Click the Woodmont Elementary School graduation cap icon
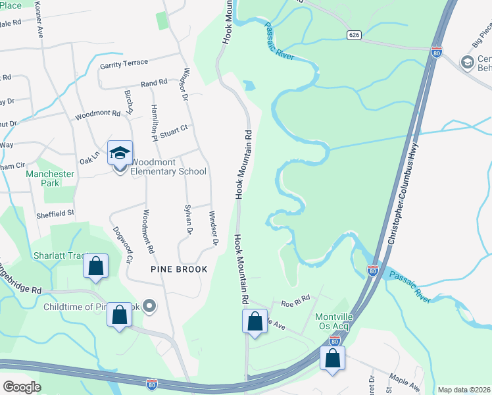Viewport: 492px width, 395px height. [120, 153]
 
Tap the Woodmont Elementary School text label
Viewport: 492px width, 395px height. [168, 167]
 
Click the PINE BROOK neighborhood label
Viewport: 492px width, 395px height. [179, 269]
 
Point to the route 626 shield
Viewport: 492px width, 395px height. [354, 34]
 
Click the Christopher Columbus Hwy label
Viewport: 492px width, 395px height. [402, 196]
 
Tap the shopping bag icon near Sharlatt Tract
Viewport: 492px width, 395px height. [96, 267]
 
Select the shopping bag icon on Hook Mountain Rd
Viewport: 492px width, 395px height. [255, 322]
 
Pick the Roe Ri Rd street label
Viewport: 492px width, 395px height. [295, 302]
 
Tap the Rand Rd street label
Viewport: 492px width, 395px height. [154, 84]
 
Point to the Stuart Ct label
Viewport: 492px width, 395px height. [175, 128]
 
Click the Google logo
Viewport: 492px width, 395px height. [22, 386]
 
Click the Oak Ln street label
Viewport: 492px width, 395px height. [89, 158]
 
